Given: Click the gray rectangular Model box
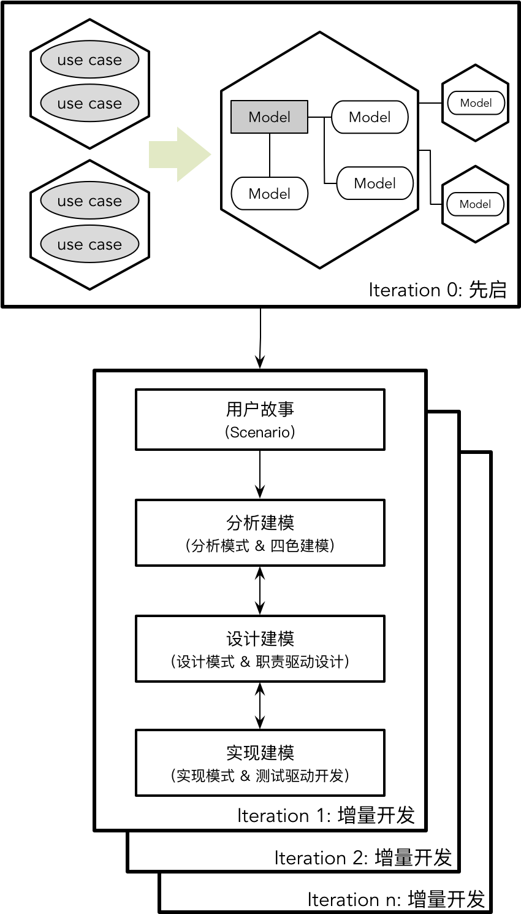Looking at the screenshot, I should (269, 117).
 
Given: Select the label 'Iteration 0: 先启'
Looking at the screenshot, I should (438, 290).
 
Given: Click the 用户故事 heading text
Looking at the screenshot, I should (260, 409).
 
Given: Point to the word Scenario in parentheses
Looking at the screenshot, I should (260, 432).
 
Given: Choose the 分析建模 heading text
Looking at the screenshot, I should (260, 523).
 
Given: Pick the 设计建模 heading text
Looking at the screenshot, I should (260, 639).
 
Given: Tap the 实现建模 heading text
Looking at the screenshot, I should (260, 753).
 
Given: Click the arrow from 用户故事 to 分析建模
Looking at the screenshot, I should (260, 474).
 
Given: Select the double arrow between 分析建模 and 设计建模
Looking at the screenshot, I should (260, 590).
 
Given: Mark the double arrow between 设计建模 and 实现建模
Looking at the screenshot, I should (260, 705).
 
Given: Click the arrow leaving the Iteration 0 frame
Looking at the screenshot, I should (260, 337).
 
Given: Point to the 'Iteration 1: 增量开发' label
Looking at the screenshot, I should (326, 816).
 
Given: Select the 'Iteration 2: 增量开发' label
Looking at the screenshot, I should (363, 858).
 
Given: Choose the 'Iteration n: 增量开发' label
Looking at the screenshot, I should (396, 900).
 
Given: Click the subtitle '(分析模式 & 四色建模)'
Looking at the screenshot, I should (260, 545).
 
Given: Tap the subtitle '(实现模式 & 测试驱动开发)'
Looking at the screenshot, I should (260, 776).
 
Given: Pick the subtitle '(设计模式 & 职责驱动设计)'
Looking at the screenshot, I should (260, 662).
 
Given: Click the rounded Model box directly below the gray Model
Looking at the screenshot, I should (269, 194).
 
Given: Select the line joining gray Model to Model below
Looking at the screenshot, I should (270, 155).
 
